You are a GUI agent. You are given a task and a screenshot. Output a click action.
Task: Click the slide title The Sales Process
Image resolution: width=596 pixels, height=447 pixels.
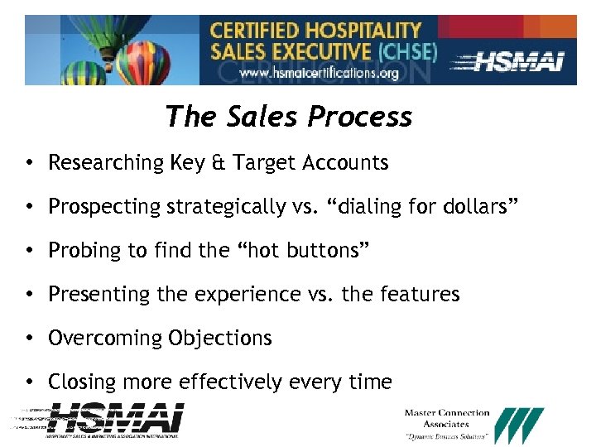288,117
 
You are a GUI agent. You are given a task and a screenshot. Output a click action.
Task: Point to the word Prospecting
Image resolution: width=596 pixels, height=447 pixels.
104,207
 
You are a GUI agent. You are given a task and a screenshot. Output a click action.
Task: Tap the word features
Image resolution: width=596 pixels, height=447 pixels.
421,294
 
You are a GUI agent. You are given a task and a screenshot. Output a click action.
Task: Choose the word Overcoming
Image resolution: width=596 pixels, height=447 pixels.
105,339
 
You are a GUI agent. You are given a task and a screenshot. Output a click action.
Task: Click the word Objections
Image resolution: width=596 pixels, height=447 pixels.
219,338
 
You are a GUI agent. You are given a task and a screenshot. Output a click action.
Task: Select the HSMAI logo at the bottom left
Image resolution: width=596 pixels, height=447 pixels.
116,419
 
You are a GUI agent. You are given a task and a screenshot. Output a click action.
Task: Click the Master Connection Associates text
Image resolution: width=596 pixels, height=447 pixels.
447,418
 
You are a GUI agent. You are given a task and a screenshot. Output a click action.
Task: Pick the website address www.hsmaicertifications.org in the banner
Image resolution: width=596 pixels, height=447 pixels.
319,73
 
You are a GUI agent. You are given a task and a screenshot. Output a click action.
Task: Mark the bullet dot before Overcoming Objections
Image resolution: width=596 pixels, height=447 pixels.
29,339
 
